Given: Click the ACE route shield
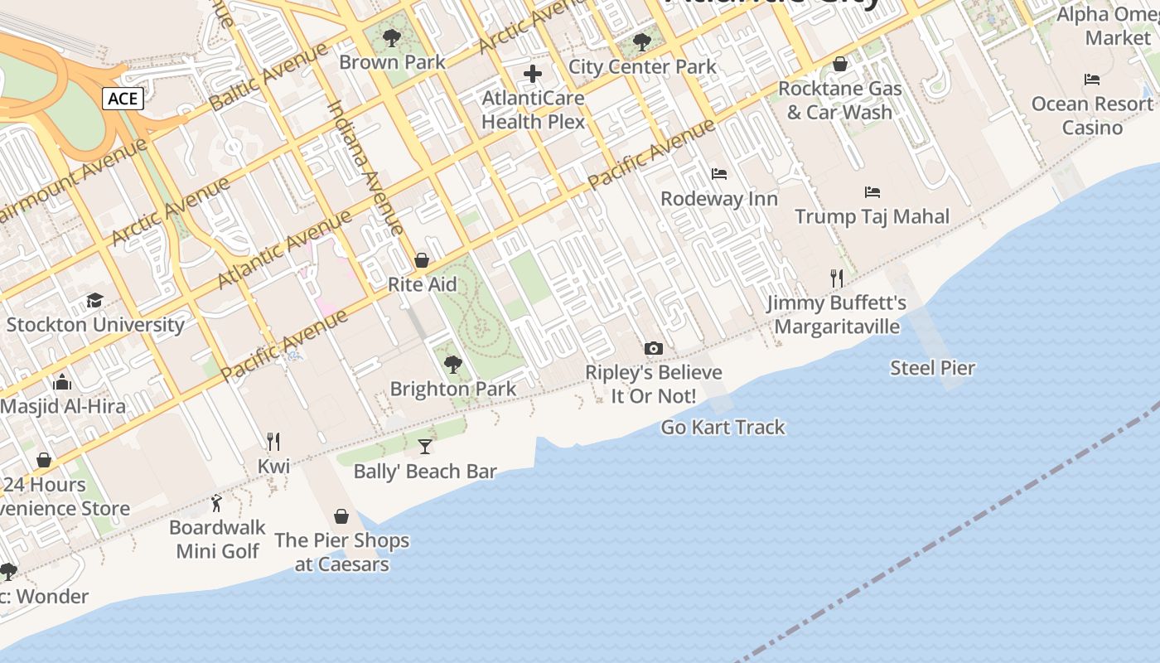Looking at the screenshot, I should point(123,99).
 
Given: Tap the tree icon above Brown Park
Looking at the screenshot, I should point(392,37).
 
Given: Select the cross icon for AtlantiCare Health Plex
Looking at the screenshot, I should point(533,74).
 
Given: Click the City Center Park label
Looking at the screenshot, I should point(642,66).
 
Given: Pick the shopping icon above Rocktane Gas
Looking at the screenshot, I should point(839,64).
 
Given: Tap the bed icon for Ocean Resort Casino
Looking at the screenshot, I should point(1092,80).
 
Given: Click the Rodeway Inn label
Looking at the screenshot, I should point(719,199).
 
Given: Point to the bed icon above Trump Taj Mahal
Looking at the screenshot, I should point(872,192).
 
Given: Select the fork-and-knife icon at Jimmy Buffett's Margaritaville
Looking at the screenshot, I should point(837,278).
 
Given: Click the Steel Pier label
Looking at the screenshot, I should point(932,368).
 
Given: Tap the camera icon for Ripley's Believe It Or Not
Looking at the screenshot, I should point(654,348).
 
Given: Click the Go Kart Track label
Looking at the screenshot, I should point(723,428).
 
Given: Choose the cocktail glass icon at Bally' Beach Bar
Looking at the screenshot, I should point(425,447).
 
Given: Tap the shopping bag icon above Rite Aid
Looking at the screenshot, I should point(422,261).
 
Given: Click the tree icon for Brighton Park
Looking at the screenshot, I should point(452,364).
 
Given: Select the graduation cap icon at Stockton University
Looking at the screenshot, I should point(94,300).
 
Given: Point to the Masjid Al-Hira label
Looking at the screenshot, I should point(63,407).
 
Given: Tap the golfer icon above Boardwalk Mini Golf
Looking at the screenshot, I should point(217,502).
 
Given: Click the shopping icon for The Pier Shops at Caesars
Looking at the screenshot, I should point(341,516).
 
